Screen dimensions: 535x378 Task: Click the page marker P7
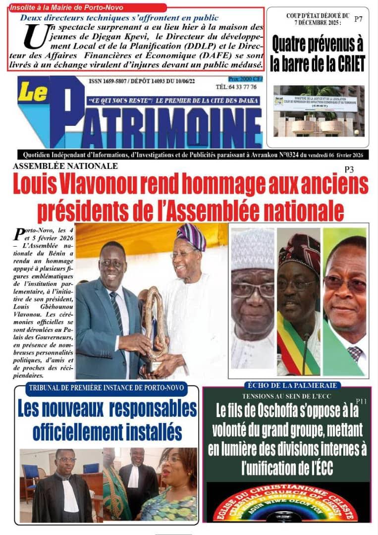point(358,19)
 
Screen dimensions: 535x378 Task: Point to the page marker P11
point(361,401)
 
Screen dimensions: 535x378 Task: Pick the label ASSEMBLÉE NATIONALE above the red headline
point(65,166)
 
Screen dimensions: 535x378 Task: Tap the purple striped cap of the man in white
point(192,236)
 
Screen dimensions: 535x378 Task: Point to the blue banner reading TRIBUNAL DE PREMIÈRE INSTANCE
point(107,388)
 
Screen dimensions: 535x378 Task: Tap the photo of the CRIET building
point(319,111)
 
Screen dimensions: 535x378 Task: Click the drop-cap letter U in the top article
point(35,36)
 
